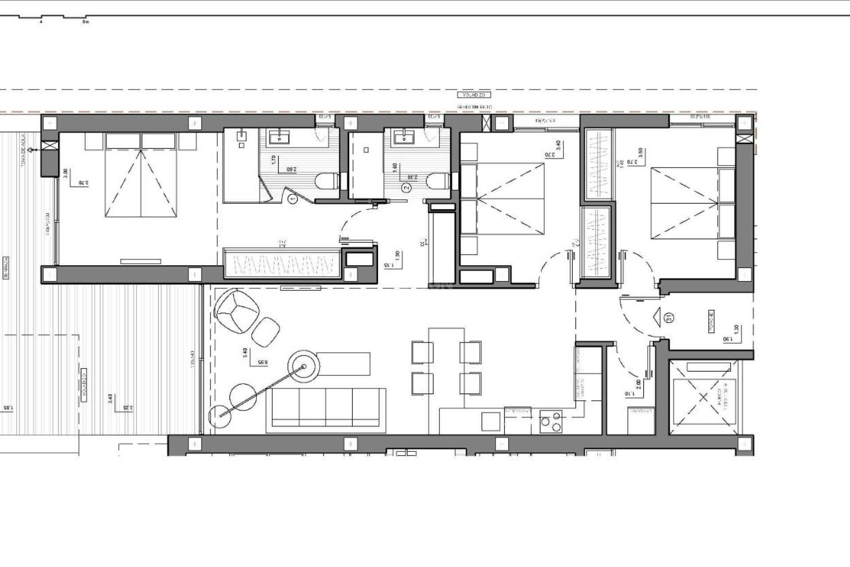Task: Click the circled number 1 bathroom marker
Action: click(293, 200)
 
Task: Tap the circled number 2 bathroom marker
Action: click(406, 187)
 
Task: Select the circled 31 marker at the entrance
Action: click(669, 317)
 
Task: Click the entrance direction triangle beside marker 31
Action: click(657, 317)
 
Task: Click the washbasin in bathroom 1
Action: click(279, 138)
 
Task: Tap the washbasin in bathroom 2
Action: click(404, 138)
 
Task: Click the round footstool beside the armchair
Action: click(266, 331)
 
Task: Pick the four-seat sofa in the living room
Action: click(326, 410)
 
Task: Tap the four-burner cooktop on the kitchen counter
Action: click(551, 421)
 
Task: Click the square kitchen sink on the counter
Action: click(491, 421)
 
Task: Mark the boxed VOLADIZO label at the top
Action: click(474, 95)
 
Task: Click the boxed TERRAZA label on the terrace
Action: click(6, 268)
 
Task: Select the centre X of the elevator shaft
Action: click(703, 397)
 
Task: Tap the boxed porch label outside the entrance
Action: click(711, 321)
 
